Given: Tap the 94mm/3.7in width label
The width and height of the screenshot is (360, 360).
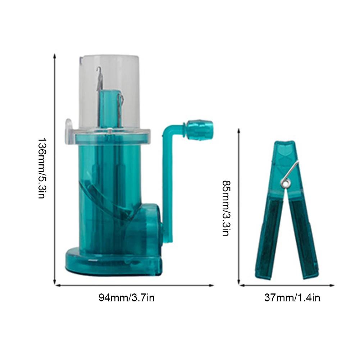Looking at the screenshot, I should click(x=127, y=298).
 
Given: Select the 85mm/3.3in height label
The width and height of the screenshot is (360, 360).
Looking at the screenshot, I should click(x=225, y=208).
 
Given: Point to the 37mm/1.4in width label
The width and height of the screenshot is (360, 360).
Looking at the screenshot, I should click(x=292, y=298).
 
